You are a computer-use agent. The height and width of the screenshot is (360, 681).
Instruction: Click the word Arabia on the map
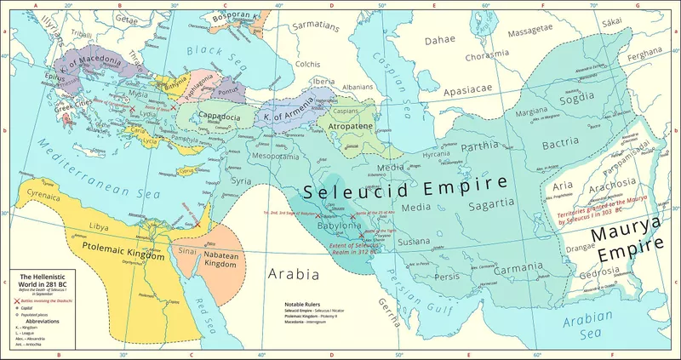pos(294,274)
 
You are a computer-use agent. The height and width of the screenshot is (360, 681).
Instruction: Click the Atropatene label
pos(346,130)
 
